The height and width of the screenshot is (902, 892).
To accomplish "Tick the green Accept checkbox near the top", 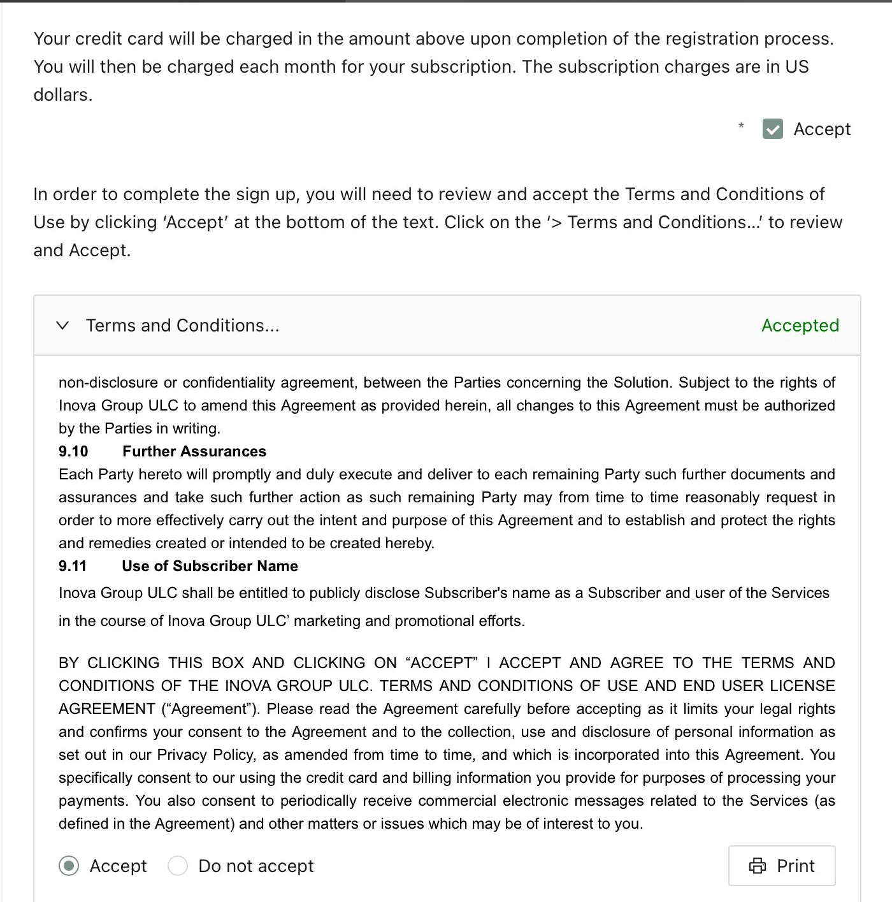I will (772, 129).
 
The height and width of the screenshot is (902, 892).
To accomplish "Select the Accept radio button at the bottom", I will (69, 866).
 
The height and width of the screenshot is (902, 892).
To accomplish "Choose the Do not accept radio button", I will (178, 866).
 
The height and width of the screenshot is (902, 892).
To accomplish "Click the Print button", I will (782, 866).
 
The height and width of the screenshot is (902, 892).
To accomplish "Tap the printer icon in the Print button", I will (758, 866).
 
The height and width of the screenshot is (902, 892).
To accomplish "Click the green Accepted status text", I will (800, 326).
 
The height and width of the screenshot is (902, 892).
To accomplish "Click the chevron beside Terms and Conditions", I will (62, 326).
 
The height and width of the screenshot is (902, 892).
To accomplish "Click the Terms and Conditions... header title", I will (182, 326).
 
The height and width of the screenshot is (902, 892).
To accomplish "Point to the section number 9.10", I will (73, 451).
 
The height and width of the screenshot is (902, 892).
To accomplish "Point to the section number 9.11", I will (73, 566).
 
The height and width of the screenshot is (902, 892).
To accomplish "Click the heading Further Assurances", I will (194, 451).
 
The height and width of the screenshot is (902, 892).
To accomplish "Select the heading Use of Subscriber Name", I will (210, 566).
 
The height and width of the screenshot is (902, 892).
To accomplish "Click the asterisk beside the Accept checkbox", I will (741, 126).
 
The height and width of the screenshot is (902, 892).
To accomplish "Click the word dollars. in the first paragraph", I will (63, 95).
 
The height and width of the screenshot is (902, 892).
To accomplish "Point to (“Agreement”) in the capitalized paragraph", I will (209, 709).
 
